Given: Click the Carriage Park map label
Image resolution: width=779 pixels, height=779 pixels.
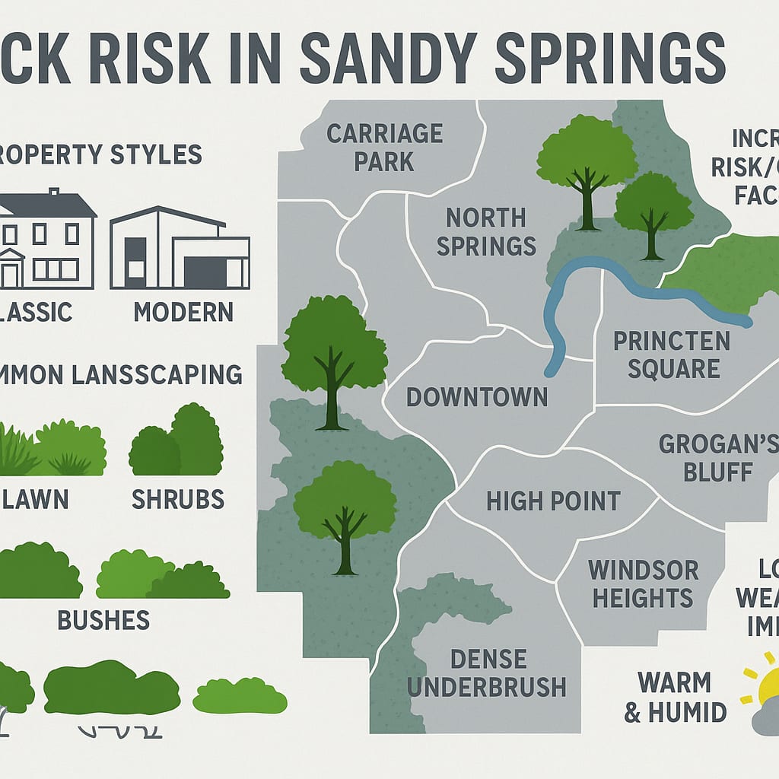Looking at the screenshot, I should (x=384, y=148).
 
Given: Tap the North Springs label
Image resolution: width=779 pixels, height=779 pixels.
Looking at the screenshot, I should (x=486, y=231).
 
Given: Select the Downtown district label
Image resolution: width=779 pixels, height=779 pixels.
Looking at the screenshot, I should (x=476, y=396).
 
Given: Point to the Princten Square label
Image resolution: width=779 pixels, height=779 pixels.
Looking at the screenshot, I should (x=671, y=354).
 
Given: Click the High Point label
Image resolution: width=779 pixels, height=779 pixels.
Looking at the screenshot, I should (x=553, y=501).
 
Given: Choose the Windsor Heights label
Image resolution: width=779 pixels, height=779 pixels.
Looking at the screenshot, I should (x=643, y=583).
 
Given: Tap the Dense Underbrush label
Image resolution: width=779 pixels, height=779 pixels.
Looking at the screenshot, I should (x=486, y=672).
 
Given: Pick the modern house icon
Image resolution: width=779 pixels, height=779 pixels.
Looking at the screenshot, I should (x=180, y=248).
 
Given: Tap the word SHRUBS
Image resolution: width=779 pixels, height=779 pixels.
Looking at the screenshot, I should (x=178, y=499).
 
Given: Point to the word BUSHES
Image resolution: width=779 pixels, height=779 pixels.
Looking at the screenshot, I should (x=103, y=620).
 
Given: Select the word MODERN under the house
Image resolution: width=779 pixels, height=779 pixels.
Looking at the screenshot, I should (x=183, y=312).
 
